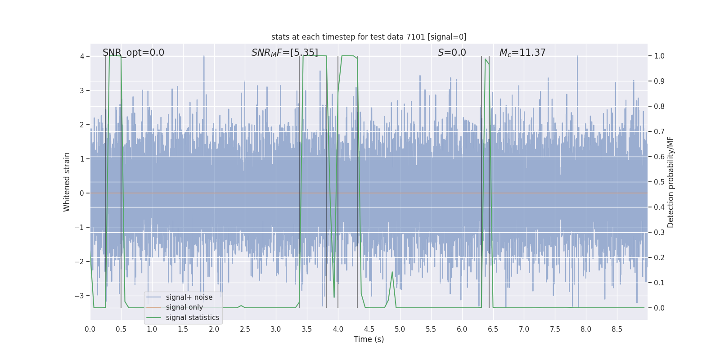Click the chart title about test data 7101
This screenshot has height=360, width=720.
[x=369, y=37]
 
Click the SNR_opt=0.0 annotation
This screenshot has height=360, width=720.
[x=133, y=53]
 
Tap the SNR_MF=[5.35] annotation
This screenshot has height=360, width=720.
[x=284, y=53]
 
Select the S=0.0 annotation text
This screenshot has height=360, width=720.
[x=452, y=53]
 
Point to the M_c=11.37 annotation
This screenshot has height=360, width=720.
[x=522, y=53]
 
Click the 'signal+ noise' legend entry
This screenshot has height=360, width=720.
[x=189, y=297]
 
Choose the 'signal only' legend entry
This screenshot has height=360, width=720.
[x=184, y=307]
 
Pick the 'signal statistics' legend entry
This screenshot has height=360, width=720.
[x=192, y=318]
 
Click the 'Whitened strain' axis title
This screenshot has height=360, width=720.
[x=67, y=182]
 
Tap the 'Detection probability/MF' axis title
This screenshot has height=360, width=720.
[x=670, y=182]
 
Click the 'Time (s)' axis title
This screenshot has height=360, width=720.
[x=369, y=339]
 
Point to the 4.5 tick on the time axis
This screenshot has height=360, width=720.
[x=369, y=329]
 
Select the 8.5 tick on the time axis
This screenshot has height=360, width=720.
[x=617, y=329]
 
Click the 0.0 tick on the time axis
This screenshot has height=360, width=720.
[x=90, y=329]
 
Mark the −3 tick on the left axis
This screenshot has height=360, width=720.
[x=79, y=296]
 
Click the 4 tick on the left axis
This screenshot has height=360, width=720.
[x=82, y=56]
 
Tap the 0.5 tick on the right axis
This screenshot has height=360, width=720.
[x=659, y=182]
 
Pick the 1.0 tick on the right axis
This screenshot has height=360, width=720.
[x=659, y=56]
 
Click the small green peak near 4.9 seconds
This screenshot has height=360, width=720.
[x=392, y=272]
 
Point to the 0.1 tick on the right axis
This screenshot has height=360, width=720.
[x=659, y=283]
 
